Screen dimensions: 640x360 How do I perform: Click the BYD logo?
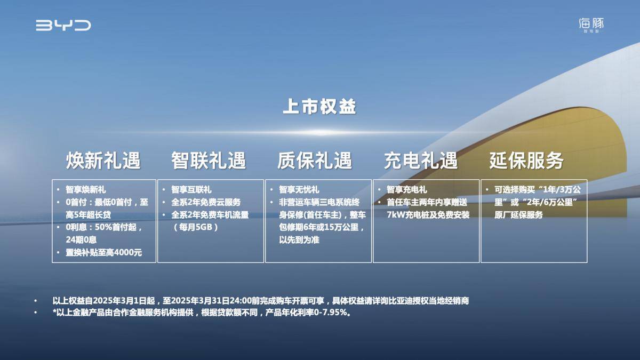[63, 25]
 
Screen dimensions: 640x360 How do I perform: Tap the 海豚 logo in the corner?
[591, 25]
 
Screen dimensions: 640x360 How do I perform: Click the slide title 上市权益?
[319, 107]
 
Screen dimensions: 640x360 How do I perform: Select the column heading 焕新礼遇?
[103, 161]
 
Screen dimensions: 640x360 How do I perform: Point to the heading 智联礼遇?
[209, 161]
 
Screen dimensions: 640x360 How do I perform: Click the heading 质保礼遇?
[315, 161]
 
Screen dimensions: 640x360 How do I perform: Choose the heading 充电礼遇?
[421, 161]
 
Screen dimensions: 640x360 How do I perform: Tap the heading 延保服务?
[526, 161]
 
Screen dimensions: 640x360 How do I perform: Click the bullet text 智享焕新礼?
[86, 189]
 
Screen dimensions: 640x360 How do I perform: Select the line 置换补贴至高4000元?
[103, 253]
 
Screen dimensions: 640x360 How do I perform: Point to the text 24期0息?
[81, 239]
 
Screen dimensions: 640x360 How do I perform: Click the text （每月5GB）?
[196, 227]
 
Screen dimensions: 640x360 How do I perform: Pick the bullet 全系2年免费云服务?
[206, 202]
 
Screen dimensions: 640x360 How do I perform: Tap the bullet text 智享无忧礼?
[299, 189]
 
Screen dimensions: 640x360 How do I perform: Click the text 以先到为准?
[299, 239]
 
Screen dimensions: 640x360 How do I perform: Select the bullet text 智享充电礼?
[407, 189]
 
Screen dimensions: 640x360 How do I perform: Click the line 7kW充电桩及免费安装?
[428, 215]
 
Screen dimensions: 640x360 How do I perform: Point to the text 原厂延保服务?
[518, 215]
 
